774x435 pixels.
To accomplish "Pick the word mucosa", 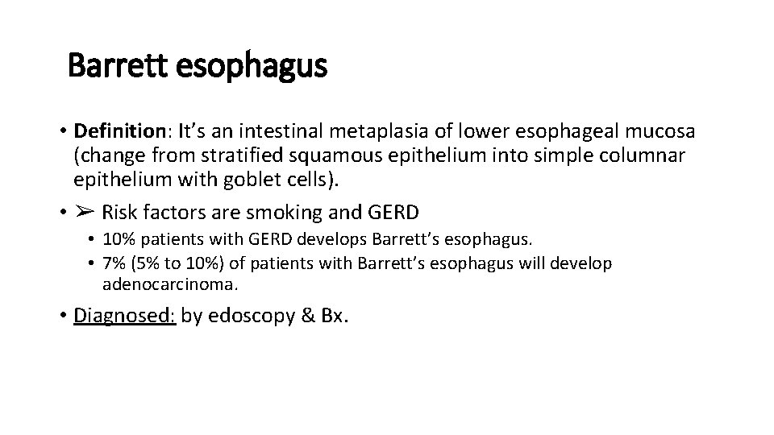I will tap(666, 130).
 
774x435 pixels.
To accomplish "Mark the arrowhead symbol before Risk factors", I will tap(85, 213).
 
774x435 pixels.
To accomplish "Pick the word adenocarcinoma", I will tap(169, 284).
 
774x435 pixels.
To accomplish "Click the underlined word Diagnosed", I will tap(124, 315).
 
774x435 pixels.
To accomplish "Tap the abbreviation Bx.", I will tap(332, 315).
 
